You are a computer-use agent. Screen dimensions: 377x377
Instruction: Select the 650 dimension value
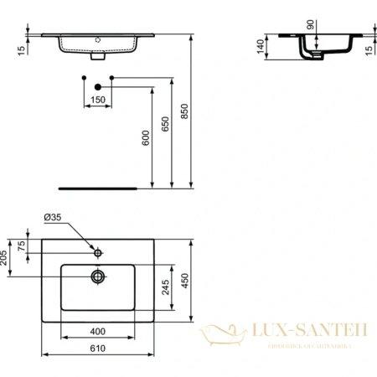coord(173,122)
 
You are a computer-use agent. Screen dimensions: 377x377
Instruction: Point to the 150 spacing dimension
coord(98,100)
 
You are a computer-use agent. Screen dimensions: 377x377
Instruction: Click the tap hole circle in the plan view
coord(98,251)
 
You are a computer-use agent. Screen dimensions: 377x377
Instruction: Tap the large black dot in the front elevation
coord(98,86)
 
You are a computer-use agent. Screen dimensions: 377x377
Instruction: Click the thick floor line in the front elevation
coord(93,186)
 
